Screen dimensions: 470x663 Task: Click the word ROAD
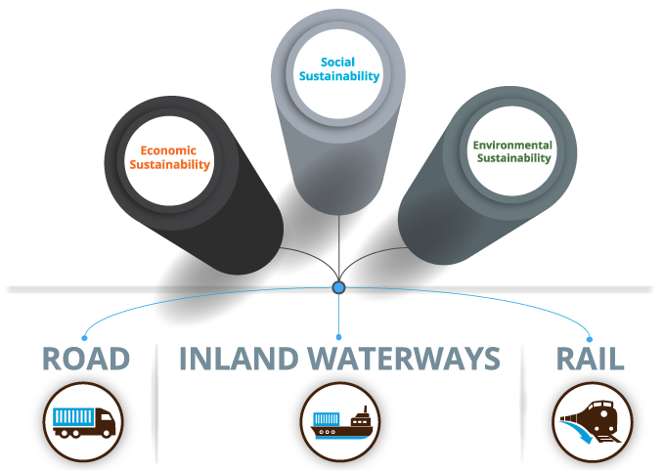click(86, 359)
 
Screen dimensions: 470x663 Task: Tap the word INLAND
click(239, 359)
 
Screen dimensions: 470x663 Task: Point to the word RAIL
click(590, 359)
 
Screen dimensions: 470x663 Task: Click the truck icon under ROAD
click(84, 421)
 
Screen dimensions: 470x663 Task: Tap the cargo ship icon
click(338, 421)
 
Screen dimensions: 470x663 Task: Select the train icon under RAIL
click(592, 421)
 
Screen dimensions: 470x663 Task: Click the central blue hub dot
click(338, 288)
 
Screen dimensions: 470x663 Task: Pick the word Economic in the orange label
click(168, 150)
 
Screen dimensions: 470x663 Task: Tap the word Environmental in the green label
click(512, 145)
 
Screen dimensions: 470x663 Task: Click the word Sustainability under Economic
click(170, 165)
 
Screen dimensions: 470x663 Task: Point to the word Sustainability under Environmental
click(512, 158)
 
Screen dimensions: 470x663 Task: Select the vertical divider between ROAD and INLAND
click(154, 401)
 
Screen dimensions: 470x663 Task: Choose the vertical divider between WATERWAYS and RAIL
click(524, 401)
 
